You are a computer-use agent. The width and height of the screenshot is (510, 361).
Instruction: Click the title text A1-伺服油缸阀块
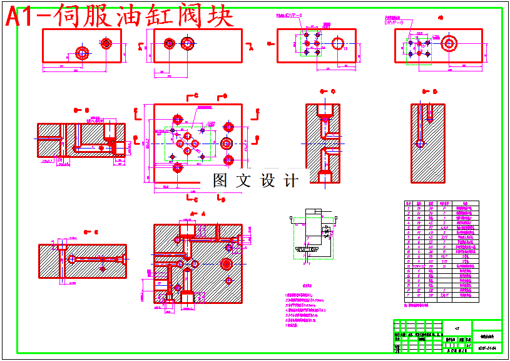click(119, 16)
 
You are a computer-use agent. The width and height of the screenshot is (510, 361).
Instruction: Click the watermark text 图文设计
click(255, 181)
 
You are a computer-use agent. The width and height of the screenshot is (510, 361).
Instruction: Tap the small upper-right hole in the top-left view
click(106, 43)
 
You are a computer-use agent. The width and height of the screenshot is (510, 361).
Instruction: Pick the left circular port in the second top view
click(170, 43)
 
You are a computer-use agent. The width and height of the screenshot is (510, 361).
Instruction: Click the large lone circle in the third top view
click(338, 43)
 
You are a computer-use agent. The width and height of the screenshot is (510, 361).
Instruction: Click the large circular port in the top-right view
click(448, 44)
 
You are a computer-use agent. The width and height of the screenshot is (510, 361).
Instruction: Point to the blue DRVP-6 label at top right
click(394, 23)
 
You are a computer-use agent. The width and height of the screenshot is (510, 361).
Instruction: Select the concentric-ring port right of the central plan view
click(227, 143)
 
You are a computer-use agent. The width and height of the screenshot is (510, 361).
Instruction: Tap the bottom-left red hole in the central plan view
click(178, 167)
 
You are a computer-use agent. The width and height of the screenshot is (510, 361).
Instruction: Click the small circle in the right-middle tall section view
click(419, 144)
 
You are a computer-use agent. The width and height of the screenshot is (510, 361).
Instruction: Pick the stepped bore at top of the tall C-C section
click(324, 113)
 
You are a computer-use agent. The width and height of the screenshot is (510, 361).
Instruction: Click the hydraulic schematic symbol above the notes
click(313, 232)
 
